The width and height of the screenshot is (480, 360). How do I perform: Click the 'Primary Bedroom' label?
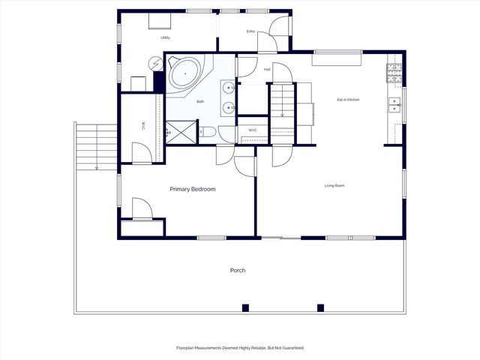[192, 189]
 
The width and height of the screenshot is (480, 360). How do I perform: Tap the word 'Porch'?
[238, 270]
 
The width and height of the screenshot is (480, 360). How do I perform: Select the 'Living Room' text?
[334, 185]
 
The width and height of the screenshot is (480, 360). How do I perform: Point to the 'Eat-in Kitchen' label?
[348, 100]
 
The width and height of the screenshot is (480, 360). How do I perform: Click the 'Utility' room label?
[165, 37]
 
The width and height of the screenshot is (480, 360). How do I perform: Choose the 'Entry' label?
[250, 31]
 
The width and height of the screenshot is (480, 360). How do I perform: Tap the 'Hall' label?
[267, 70]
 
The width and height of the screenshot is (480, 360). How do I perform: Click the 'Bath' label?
[200, 101]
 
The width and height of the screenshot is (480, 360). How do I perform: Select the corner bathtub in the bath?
[183, 74]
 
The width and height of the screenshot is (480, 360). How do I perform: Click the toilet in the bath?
[208, 133]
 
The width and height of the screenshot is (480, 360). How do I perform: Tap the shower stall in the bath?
[180, 131]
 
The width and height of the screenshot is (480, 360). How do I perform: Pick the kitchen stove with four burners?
[394, 73]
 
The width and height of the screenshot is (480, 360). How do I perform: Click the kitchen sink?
[394, 105]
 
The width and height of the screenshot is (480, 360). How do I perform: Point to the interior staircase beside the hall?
[281, 105]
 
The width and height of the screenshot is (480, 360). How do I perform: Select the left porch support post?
[245, 307]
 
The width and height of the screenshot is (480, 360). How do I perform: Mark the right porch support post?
[320, 307]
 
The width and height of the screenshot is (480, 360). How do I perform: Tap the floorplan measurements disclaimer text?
[240, 348]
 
